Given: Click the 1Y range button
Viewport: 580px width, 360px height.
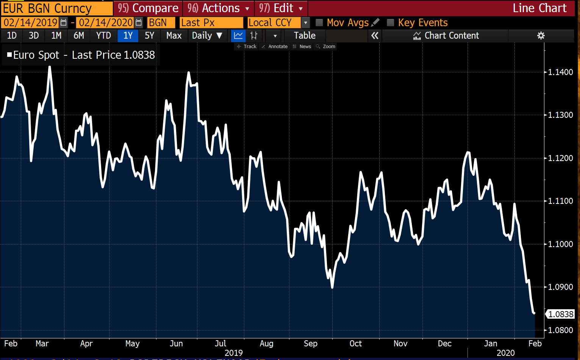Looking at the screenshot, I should point(128,36).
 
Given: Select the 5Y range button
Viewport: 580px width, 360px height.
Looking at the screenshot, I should point(150,36).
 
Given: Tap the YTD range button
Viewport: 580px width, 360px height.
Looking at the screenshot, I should point(103,36).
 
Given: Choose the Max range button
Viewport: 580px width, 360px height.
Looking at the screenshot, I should point(174,36).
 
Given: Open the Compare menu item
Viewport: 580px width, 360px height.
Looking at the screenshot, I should point(148,8).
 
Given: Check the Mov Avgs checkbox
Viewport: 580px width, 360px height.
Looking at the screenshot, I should point(319,23).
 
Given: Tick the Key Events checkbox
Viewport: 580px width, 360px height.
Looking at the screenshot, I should point(391,23).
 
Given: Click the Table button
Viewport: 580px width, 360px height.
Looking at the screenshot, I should point(305,36).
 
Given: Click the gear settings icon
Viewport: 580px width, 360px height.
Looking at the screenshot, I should point(541,36).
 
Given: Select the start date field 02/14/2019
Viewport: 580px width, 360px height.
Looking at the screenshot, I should point(31,23).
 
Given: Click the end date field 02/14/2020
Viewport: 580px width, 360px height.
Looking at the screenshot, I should point(106,23).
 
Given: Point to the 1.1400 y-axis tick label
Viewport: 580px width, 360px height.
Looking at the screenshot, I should point(561,72).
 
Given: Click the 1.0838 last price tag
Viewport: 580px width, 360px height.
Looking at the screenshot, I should point(561,314).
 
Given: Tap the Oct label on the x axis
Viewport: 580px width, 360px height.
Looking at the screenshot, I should point(355,343).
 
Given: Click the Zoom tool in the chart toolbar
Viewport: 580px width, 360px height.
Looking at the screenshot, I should point(326,47).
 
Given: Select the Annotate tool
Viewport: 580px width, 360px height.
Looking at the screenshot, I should point(275,47).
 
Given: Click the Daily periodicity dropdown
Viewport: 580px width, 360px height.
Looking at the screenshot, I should point(207,36).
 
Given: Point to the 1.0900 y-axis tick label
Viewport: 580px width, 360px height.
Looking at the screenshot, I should point(561,287).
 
